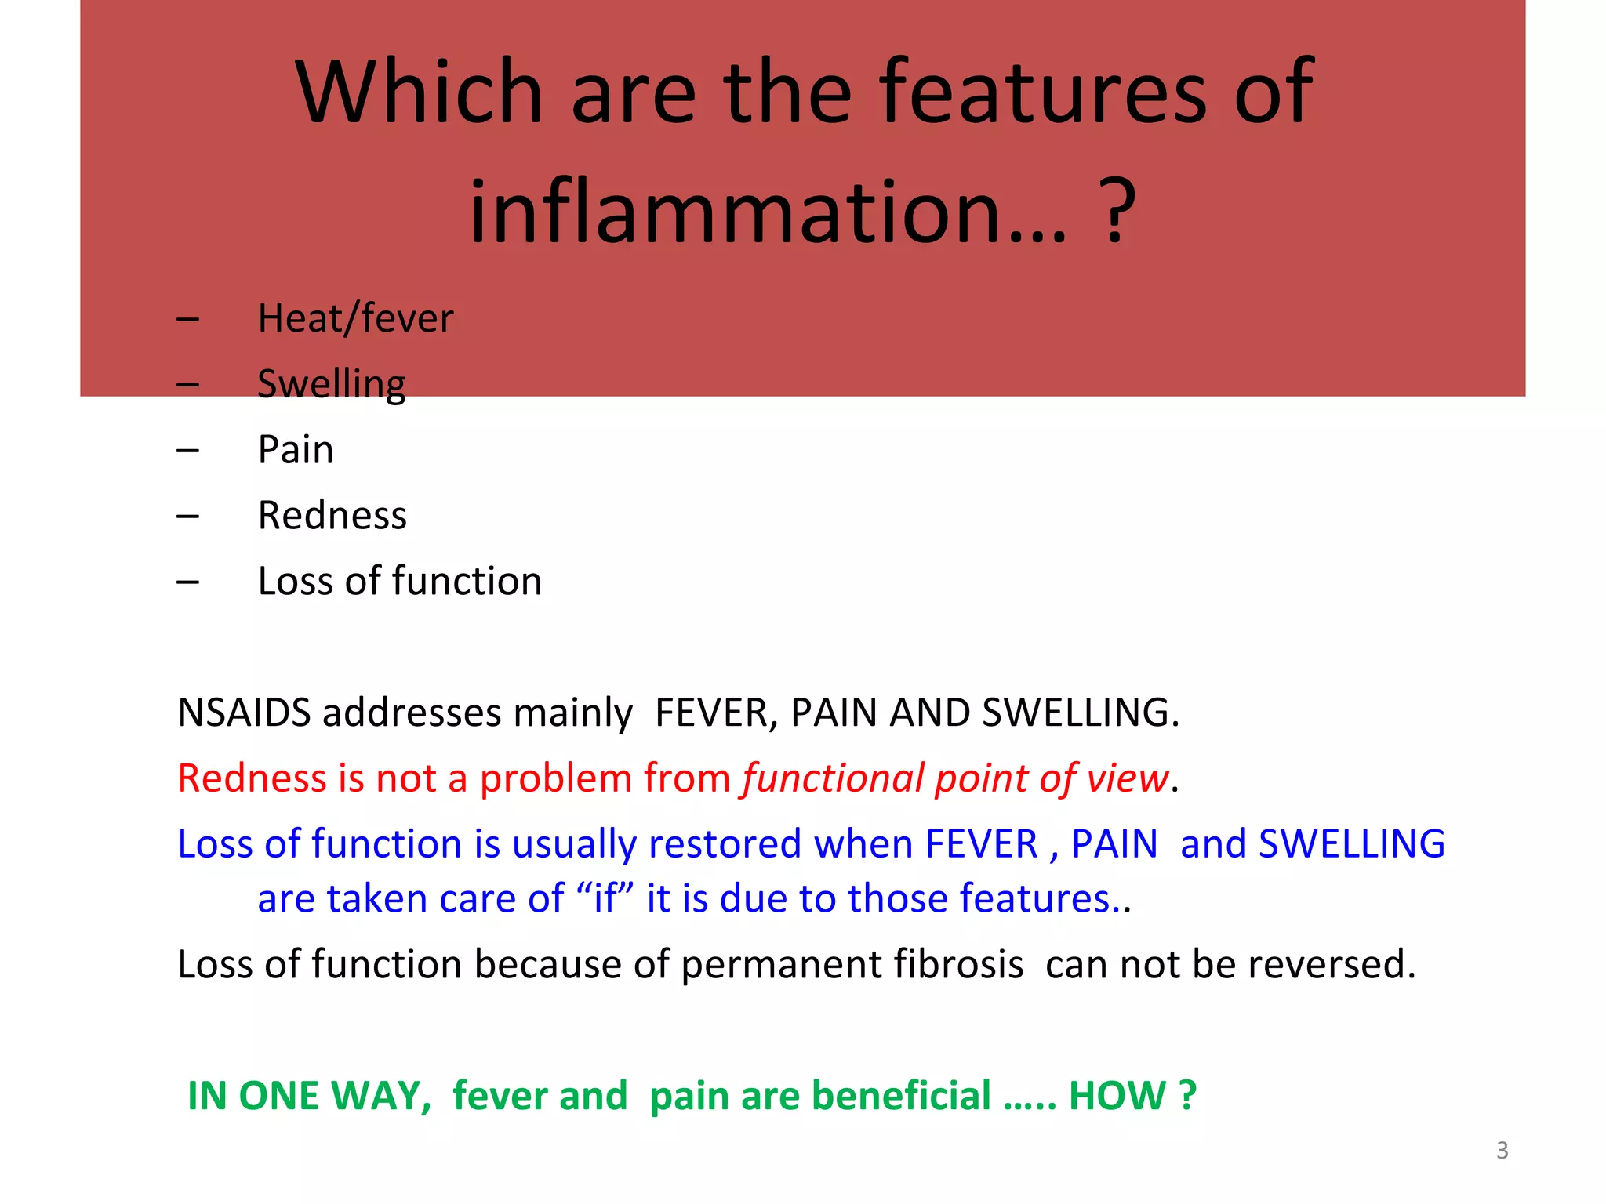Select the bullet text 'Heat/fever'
(355, 319)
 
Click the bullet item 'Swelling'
(331, 384)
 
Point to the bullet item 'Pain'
(296, 450)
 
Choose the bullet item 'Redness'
(332, 516)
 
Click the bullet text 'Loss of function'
(399, 582)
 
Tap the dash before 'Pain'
(187, 451)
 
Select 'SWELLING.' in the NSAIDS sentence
(1080, 713)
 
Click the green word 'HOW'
(1117, 1096)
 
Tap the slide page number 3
(1502, 1150)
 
